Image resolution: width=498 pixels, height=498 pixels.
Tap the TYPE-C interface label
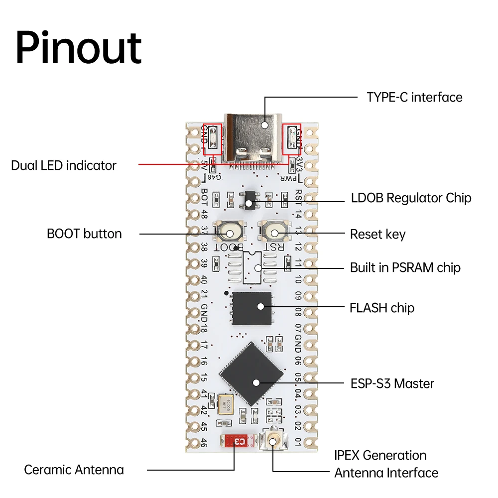point(414,97)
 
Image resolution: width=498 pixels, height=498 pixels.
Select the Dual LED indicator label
point(64,165)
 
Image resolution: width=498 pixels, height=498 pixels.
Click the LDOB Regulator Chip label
point(411,198)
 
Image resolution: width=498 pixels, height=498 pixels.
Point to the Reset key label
point(377,234)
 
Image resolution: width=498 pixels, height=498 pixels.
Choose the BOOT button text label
point(84,234)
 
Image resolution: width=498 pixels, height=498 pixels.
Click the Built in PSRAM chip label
point(405,267)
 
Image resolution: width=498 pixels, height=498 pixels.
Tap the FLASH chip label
point(381,308)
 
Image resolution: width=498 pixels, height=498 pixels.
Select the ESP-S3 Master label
point(392,383)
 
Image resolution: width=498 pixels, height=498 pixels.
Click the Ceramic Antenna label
point(74,470)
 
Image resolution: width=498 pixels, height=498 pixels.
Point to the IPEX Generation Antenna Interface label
point(386,464)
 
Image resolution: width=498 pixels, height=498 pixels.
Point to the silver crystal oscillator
point(225,404)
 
